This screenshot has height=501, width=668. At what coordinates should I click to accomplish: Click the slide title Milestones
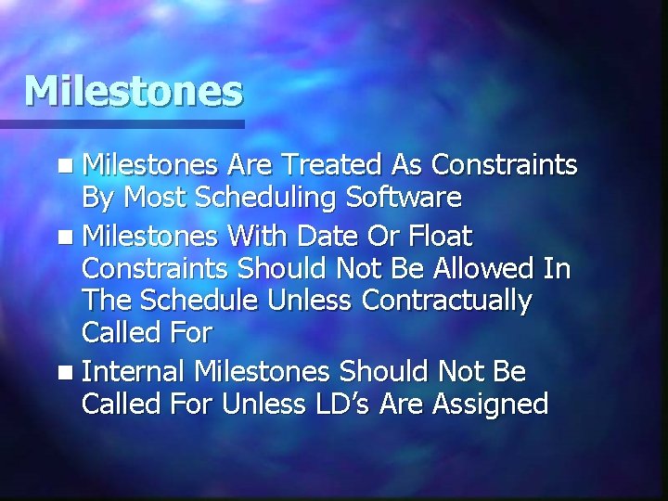tap(134, 91)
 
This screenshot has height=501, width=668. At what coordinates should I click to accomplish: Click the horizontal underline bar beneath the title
tap(122, 123)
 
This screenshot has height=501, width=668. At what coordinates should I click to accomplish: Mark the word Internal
tap(135, 371)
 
